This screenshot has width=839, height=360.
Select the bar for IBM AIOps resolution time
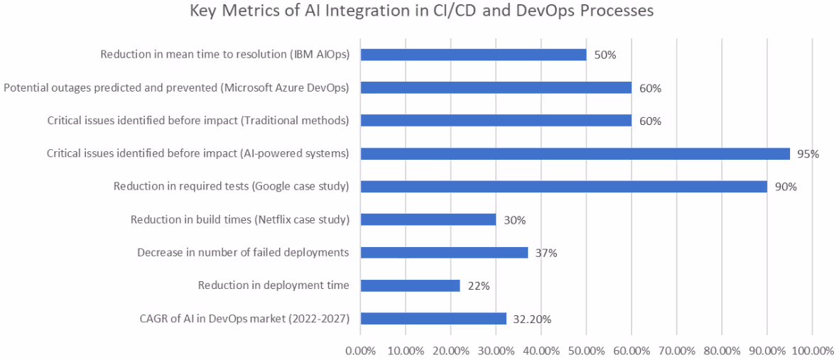473,55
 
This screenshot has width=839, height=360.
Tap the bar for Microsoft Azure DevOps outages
496,88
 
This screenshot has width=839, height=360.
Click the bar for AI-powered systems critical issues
575,153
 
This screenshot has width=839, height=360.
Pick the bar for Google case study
563,187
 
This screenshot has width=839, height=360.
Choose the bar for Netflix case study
428,219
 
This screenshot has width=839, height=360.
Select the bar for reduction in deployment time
410,285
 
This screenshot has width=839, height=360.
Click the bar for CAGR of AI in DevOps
433,318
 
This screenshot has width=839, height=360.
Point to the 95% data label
808,154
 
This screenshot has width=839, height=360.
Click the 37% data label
546,253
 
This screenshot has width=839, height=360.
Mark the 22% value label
478,286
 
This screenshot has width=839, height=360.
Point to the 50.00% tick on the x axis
586,350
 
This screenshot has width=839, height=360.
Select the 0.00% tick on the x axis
360,350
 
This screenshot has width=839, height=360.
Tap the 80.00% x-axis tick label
722,350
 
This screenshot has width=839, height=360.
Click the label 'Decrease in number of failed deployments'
242,252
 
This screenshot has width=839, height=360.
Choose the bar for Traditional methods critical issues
496,121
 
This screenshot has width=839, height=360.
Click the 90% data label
785,187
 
